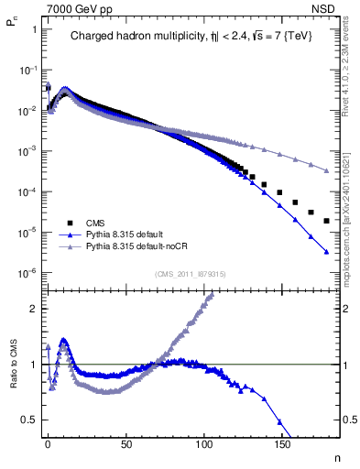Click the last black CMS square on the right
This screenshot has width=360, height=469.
click(325, 221)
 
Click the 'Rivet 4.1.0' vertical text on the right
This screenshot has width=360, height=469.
click(351, 64)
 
